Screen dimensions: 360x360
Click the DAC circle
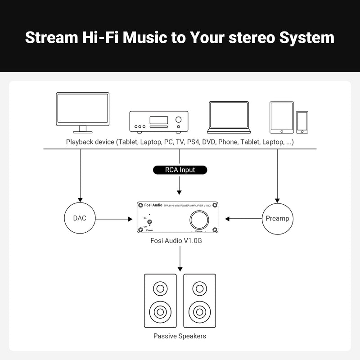point(80,219)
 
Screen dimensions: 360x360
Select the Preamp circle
point(277,219)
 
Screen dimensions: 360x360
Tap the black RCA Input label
point(180,170)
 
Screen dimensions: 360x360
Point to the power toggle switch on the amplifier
point(150,222)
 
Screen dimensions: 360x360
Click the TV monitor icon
point(82,112)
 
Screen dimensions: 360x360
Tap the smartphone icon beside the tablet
point(302,122)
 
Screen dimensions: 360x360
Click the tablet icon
point(282,117)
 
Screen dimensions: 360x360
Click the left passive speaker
point(160,301)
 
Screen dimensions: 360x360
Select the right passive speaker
point(199,301)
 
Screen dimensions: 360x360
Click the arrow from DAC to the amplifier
point(112,219)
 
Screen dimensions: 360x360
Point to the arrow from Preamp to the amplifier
point(243,219)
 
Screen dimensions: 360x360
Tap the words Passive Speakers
point(180,336)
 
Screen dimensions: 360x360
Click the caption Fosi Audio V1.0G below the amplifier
point(180,241)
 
